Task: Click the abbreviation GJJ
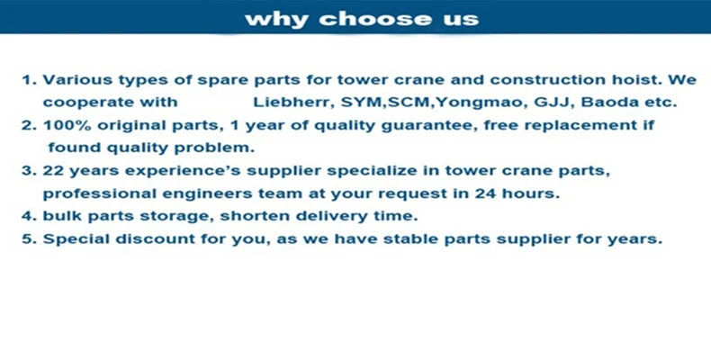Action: tap(546, 103)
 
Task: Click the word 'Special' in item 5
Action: tap(75, 239)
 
